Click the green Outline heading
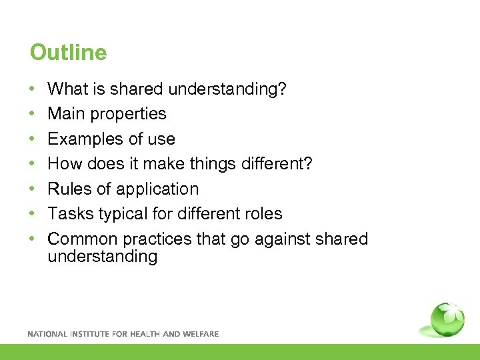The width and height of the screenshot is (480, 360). [68, 53]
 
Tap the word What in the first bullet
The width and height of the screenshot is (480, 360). [64, 89]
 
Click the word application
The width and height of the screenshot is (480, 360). [161, 189]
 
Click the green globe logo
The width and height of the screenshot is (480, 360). [447, 320]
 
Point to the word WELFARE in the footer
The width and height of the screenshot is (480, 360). [200, 334]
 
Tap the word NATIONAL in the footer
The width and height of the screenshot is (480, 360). [47, 334]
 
